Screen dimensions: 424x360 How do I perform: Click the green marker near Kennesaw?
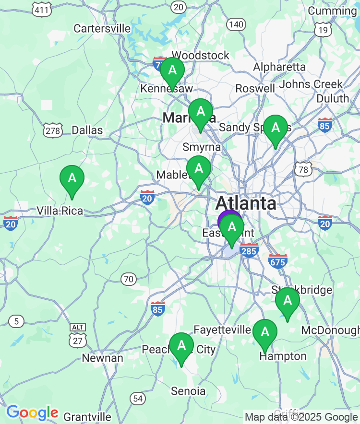(172, 71)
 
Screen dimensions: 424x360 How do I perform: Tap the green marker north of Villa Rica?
(72, 178)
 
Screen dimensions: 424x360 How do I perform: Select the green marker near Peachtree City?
(181, 346)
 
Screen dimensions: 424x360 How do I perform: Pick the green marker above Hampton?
(264, 332)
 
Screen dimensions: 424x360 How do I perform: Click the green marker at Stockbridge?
(288, 301)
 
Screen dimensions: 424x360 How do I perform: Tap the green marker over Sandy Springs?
(276, 128)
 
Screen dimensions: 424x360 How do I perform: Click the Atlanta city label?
(246, 203)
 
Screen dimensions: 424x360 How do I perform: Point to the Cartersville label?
(102, 29)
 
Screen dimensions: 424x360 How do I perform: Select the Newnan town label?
(102, 358)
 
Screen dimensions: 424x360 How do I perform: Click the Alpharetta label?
(279, 67)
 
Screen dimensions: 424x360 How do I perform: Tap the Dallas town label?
(87, 130)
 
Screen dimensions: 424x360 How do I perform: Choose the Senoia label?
(188, 391)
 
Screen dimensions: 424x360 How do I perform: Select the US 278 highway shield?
(52, 130)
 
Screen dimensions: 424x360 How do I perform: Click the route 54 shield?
(138, 398)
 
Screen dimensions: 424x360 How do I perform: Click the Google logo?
(32, 412)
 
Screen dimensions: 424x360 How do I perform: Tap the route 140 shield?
(236, 24)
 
